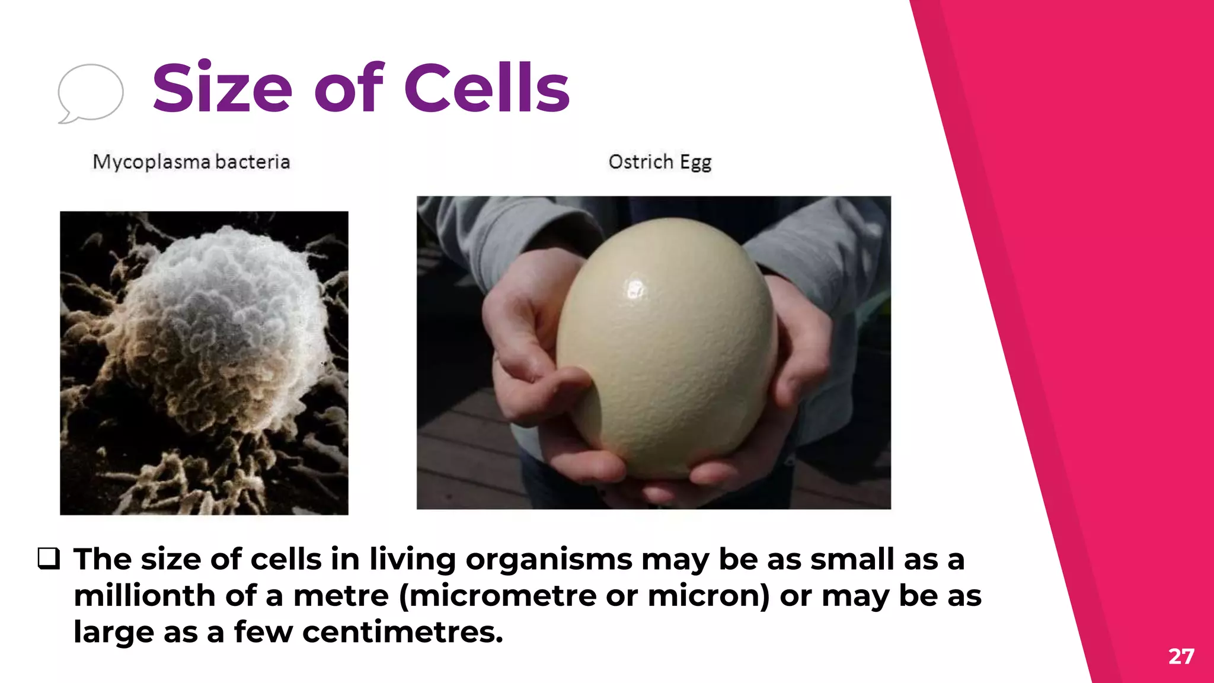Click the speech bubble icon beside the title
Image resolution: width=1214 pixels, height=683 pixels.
pyautogui.click(x=90, y=93)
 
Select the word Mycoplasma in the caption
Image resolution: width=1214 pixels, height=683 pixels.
pyautogui.click(x=152, y=162)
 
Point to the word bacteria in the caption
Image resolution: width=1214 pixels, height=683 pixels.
pyautogui.click(x=253, y=162)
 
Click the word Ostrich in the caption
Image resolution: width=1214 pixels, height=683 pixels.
pyautogui.click(x=641, y=162)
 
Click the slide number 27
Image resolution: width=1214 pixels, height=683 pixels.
pyautogui.click(x=1181, y=656)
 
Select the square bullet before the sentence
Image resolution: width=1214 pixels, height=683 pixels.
pyautogui.click(x=49, y=558)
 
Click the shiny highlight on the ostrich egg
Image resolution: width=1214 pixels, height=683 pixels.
pyautogui.click(x=635, y=289)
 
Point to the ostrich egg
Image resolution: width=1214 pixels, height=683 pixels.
pyautogui.click(x=667, y=350)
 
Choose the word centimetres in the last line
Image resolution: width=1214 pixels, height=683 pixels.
pyautogui.click(x=402, y=632)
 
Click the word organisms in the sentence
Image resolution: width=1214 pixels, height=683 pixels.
pyautogui.click(x=549, y=560)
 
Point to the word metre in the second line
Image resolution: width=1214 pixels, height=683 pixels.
pyautogui.click(x=341, y=595)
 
